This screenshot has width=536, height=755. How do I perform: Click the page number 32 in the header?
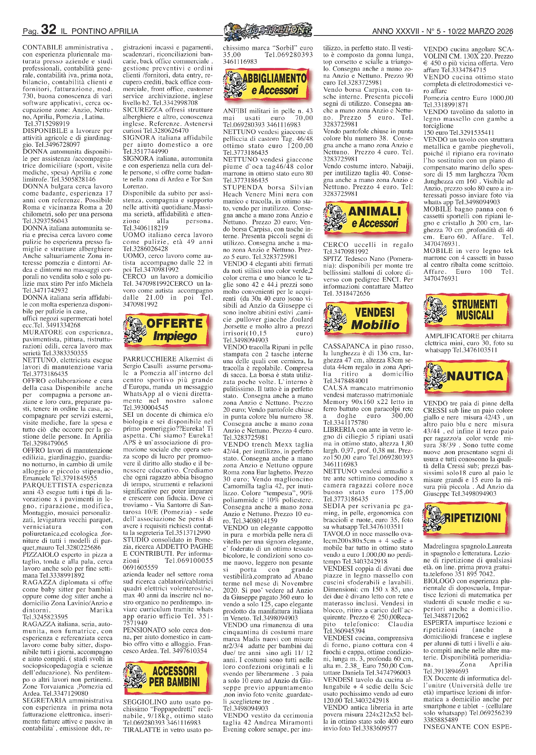pyautogui.click(x=49, y=30)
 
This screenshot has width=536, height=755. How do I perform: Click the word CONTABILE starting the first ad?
pyautogui.click(x=42, y=48)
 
